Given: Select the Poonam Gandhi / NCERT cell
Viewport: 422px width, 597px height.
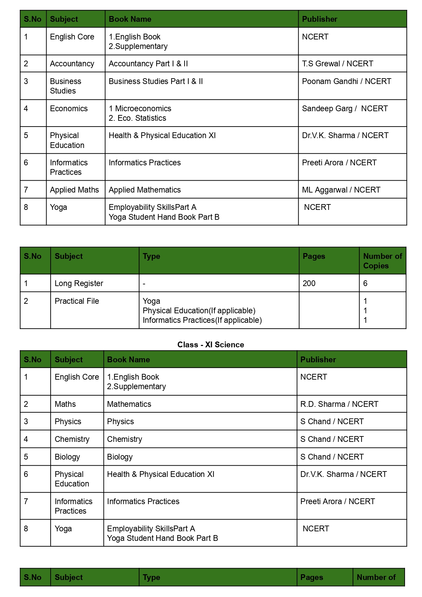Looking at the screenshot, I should click(x=346, y=81).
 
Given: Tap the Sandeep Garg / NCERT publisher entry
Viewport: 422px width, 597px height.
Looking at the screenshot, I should click(x=345, y=109).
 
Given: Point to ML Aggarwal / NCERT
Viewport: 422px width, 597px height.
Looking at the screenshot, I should click(x=341, y=190).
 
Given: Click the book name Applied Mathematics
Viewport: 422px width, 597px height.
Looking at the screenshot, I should click(x=144, y=190).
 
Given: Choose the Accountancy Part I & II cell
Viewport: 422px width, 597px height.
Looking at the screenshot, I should click(x=148, y=64).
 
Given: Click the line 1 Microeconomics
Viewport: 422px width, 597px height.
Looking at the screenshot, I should click(x=140, y=109).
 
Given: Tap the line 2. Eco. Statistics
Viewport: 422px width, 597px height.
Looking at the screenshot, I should click(x=137, y=118).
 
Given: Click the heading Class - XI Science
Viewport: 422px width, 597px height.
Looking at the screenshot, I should click(x=211, y=345).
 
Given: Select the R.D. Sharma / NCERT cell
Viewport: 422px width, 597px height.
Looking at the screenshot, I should click(x=339, y=404).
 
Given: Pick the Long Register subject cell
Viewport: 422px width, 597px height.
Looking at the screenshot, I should click(x=79, y=283).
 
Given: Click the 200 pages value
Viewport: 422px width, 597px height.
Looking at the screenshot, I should click(x=309, y=283).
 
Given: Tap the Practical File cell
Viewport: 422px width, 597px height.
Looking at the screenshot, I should click(x=77, y=301).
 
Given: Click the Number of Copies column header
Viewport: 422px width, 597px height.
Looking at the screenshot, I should click(x=382, y=261).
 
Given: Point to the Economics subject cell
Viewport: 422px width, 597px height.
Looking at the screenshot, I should click(x=69, y=109).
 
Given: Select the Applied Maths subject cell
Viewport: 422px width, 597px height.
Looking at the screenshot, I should click(x=74, y=190).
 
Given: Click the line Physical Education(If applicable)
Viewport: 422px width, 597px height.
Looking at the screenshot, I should click(x=199, y=311).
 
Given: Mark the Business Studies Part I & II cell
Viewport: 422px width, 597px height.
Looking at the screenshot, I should click(x=156, y=81).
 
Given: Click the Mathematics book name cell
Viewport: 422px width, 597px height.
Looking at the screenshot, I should click(x=129, y=404).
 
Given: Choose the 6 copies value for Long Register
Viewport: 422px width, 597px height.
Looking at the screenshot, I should click(x=365, y=283).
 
